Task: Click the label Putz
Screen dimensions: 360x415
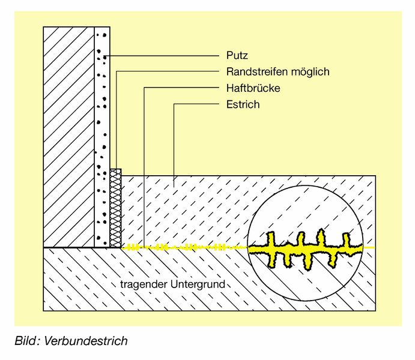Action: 237,56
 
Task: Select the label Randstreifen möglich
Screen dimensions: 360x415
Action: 277,72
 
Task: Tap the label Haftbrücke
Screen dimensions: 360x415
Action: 253,88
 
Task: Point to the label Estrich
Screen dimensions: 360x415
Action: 243,104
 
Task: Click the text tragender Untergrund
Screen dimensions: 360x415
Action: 171,284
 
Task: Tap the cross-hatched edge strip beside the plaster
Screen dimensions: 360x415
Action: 116,207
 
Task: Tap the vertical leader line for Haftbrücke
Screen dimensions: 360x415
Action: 145,168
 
